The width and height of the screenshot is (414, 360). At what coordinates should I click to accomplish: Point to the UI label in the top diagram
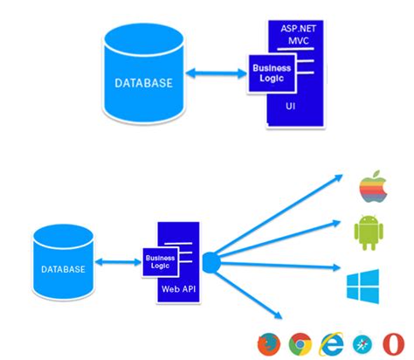tap(291, 106)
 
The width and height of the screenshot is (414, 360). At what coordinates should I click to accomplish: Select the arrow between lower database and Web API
tap(117, 261)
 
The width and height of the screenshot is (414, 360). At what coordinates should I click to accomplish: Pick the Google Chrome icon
tap(300, 343)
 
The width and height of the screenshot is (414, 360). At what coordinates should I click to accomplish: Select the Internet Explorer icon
tap(332, 343)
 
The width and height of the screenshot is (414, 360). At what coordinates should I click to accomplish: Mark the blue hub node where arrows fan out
tap(210, 260)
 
